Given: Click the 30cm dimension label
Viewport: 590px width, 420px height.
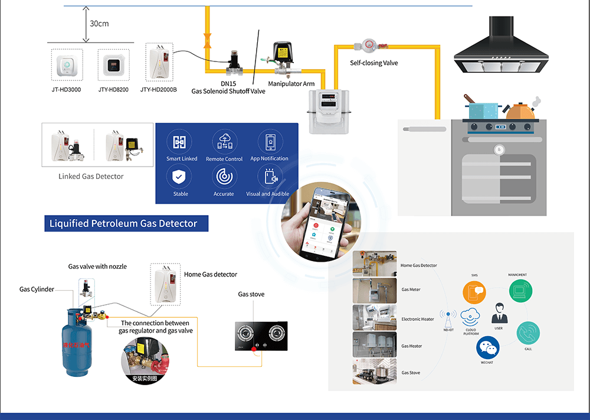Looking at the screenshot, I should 99,24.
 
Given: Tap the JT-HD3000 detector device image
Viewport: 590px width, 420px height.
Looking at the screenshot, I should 66,65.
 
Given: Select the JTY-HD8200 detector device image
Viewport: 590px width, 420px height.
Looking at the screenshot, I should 113,65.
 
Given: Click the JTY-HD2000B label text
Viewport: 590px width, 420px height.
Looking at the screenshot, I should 158,90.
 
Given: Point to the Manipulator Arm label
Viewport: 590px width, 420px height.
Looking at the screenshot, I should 291,84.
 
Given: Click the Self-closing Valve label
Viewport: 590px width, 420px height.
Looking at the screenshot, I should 374,63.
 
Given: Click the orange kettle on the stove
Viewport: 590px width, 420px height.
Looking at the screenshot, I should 520,110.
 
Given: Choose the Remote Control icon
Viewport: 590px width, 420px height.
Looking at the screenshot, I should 224,142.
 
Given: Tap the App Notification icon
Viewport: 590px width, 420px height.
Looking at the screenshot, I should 270,142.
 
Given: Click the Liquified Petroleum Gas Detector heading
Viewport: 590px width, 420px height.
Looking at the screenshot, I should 127,223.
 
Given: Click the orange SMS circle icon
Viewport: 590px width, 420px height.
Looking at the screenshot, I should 475,292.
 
